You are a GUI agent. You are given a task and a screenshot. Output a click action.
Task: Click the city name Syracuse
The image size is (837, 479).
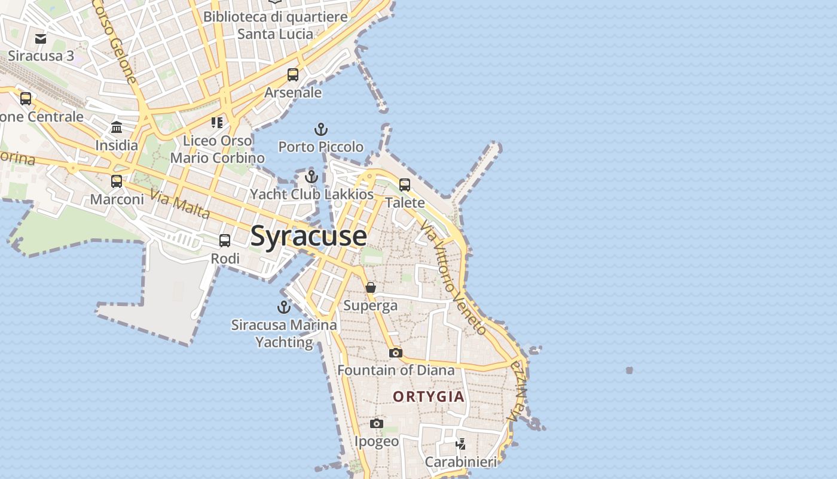click(308, 235)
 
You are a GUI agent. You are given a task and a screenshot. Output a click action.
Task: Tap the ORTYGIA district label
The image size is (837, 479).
click(429, 396)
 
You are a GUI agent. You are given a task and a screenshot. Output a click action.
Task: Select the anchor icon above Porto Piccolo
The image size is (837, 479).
click(321, 129)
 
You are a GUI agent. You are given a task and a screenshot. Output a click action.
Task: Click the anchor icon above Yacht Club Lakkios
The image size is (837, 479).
click(311, 177)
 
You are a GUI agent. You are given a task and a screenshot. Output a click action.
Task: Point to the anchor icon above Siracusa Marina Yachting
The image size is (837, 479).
click(284, 308)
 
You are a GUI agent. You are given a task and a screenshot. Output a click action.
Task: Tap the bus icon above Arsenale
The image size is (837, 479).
click(293, 75)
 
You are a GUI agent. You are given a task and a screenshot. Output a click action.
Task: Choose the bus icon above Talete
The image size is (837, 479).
click(405, 185)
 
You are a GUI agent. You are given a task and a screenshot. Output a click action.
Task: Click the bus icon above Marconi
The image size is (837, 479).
click(117, 181)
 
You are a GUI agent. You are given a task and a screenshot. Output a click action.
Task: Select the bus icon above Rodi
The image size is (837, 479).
click(225, 241)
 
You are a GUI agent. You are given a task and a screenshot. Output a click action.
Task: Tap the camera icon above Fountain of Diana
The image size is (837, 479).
click(396, 353)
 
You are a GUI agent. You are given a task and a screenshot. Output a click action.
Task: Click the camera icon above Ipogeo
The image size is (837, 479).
click(376, 424)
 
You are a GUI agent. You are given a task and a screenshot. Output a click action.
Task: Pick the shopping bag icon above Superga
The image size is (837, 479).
click(371, 288)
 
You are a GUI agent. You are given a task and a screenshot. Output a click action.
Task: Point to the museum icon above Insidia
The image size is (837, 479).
click(117, 128)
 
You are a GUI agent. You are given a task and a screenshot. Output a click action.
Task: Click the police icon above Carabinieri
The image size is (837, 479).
click(460, 444)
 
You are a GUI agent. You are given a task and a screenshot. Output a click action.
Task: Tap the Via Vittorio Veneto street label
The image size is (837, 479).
click(453, 277)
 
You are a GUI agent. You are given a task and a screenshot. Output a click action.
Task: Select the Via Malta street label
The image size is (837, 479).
click(180, 204)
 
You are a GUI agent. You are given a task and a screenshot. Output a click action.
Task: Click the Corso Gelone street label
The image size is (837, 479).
click(115, 41)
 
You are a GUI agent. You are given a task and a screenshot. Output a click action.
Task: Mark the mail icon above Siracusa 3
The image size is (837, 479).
click(41, 39)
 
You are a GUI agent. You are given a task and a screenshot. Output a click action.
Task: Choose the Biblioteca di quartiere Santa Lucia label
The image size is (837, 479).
click(275, 25)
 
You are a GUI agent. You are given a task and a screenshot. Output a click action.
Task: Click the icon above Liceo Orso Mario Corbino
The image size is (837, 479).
click(217, 123)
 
